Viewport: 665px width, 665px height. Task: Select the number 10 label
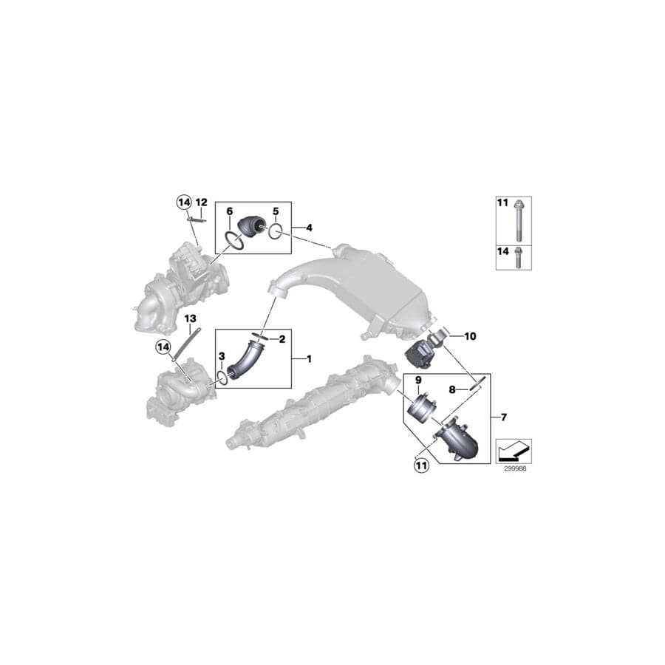click(x=471, y=336)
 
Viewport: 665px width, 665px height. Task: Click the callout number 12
click(x=202, y=202)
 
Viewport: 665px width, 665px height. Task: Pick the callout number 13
click(x=190, y=318)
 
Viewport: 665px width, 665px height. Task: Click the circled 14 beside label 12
click(x=183, y=201)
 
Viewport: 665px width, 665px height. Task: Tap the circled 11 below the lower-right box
click(x=421, y=466)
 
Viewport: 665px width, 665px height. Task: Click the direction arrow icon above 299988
click(x=513, y=448)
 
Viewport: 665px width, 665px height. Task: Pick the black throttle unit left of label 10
click(x=422, y=350)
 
